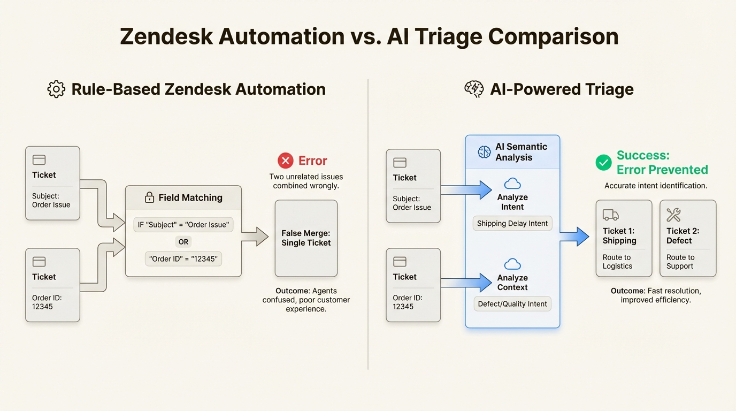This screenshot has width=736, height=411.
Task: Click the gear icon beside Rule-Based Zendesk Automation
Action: click(x=56, y=89)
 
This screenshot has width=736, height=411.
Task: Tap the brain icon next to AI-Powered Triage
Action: click(x=474, y=89)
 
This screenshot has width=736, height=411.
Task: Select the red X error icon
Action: click(x=286, y=161)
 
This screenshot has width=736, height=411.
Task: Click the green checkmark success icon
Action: click(x=603, y=163)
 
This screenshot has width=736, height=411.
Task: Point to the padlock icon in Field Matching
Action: click(x=150, y=198)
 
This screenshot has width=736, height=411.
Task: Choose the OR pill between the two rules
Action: click(x=183, y=242)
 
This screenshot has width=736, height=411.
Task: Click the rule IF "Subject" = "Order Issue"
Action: click(x=183, y=225)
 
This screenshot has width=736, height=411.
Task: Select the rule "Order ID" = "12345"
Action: click(x=183, y=259)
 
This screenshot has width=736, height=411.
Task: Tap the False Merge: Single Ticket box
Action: click(x=306, y=238)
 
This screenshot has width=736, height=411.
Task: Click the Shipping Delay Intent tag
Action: click(x=512, y=223)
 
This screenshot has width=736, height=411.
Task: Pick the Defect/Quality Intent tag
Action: click(x=512, y=304)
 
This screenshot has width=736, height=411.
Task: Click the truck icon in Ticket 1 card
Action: click(x=610, y=215)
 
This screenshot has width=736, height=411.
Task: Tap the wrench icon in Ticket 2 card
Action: click(x=673, y=215)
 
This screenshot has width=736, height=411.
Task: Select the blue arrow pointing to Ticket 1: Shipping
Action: click(x=575, y=236)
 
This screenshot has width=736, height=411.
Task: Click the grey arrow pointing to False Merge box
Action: click(x=255, y=236)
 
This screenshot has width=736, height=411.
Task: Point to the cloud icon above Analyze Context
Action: click(x=512, y=264)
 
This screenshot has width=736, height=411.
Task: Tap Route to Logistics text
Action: click(x=617, y=262)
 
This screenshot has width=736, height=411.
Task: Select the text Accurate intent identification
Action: click(x=656, y=186)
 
